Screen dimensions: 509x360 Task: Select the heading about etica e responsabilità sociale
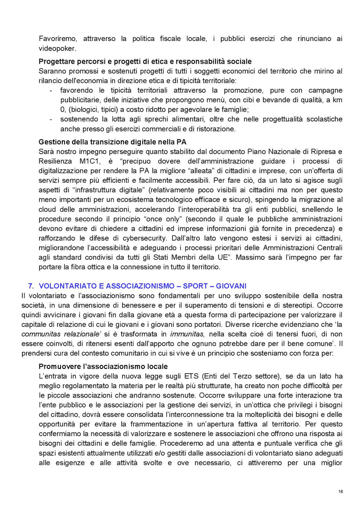pyautogui.click(x=145, y=61)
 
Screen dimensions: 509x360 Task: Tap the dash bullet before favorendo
pyautogui.click(x=51, y=90)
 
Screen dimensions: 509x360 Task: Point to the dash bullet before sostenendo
pyautogui.click(x=51, y=119)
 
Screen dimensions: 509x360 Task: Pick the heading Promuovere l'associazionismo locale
pyautogui.click(x=103, y=367)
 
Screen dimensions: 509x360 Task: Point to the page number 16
pyautogui.click(x=341, y=491)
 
